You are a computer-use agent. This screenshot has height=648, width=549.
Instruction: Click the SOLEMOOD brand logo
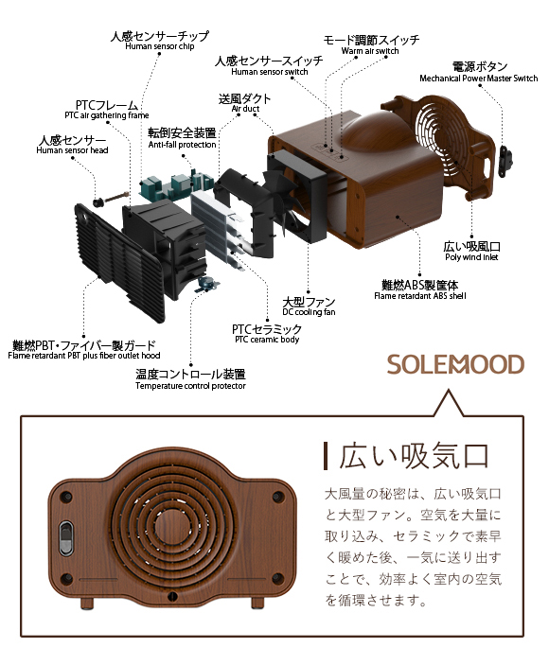coord(455,364)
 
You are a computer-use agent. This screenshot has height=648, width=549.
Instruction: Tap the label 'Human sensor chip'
coord(160,46)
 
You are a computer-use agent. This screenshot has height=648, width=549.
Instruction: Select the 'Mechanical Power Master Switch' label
coord(479,79)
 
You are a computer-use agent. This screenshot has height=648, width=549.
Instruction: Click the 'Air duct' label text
coord(245,109)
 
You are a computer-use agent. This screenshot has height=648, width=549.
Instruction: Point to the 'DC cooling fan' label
coord(309,312)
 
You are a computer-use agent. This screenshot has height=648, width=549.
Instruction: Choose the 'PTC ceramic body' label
coord(267,340)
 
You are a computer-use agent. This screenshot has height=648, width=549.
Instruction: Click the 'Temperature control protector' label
coord(190,386)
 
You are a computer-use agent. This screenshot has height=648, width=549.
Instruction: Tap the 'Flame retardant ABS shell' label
coord(420,296)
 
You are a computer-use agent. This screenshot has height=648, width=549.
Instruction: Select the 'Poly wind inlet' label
coord(471,257)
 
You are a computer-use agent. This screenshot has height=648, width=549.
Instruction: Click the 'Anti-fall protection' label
coord(183,145)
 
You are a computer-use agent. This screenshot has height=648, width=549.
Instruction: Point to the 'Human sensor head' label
coord(72,150)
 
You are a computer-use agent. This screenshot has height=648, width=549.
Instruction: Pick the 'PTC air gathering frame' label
coord(107,115)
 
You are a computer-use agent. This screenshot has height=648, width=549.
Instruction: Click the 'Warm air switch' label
coord(370,51)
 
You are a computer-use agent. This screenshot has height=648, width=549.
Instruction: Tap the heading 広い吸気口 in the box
coord(414,456)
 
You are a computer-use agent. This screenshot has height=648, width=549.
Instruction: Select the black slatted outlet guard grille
coord(120,262)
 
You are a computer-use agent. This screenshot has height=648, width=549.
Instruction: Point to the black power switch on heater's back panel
coord(66,538)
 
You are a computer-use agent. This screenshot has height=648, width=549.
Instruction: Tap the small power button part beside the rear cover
coord(505,160)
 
